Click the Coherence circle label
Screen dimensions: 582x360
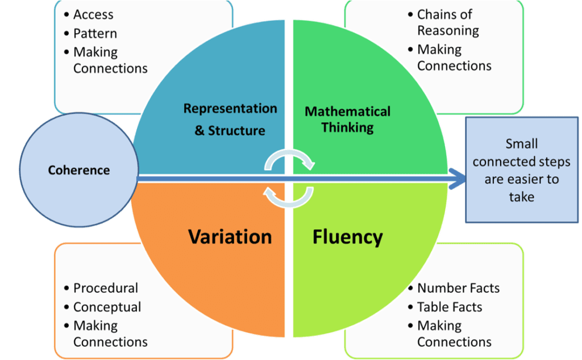(x=78, y=170)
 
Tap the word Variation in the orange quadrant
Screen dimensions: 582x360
(x=230, y=237)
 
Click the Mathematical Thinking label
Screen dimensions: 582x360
(x=347, y=119)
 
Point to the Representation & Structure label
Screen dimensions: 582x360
(x=230, y=119)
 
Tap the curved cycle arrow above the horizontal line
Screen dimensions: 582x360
(x=289, y=159)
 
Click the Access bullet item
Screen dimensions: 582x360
(x=93, y=14)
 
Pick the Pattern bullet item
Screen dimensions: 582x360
(x=95, y=34)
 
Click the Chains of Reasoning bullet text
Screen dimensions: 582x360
(x=448, y=22)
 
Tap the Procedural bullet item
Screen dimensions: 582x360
(x=105, y=288)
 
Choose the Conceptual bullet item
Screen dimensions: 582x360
(x=107, y=307)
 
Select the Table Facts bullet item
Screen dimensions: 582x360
(x=450, y=307)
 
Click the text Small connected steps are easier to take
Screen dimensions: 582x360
(x=522, y=170)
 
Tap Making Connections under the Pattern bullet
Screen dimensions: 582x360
(x=110, y=60)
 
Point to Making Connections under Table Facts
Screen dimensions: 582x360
(x=454, y=334)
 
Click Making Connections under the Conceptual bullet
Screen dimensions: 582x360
(x=110, y=334)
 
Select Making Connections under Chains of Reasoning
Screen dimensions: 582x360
(x=454, y=57)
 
